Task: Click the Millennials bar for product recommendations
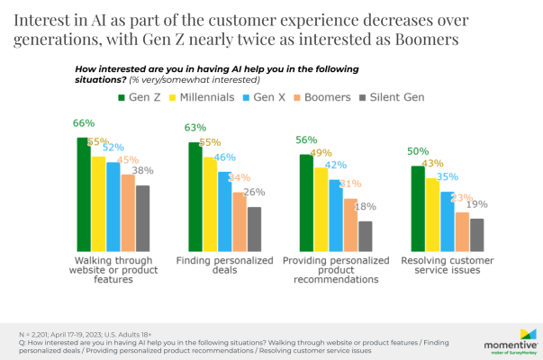(321, 209)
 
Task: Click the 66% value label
(84, 123)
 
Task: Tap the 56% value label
(308, 139)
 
